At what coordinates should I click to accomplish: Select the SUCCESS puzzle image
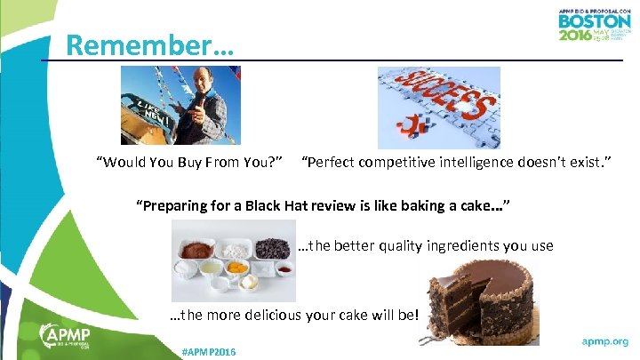[438, 107]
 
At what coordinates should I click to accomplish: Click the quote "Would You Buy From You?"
[190, 163]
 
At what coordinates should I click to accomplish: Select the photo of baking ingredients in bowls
[233, 260]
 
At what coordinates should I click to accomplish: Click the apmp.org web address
[604, 340]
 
